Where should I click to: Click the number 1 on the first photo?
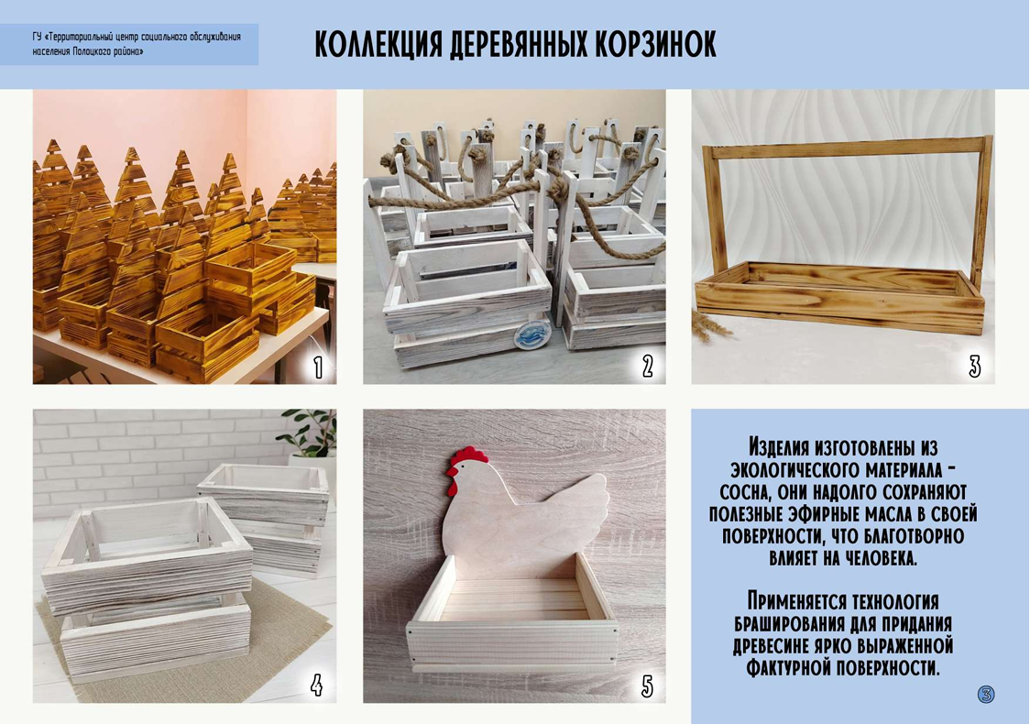coord(317,367)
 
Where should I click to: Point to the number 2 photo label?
coord(647,367)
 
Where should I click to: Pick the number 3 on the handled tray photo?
coord(975,367)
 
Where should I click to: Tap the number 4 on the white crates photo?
coord(317,686)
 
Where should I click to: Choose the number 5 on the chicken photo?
coord(647,686)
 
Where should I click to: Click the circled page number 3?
coord(986,694)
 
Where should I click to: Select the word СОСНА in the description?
coord(743,492)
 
